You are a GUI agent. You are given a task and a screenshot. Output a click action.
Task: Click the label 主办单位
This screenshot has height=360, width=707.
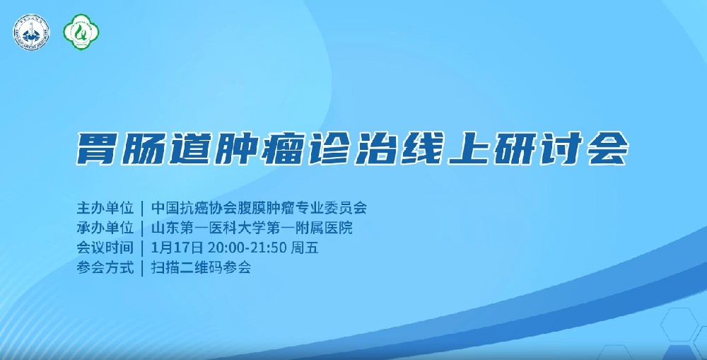pyautogui.click(x=105, y=209)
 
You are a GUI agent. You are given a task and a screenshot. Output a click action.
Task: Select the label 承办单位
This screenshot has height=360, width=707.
pyautogui.click(x=105, y=228)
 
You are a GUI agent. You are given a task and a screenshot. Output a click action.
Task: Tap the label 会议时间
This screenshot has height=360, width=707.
pyautogui.click(x=105, y=248)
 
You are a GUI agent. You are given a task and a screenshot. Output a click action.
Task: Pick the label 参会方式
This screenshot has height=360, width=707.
pyautogui.click(x=105, y=268)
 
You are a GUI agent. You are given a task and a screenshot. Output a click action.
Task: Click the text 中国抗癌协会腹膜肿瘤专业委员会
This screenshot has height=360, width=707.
pyautogui.click(x=259, y=209)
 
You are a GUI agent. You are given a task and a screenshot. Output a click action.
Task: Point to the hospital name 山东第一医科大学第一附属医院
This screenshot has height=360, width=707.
pyautogui.click(x=252, y=228)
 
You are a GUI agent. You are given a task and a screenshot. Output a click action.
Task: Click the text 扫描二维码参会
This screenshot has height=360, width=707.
pyautogui.click(x=201, y=268)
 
